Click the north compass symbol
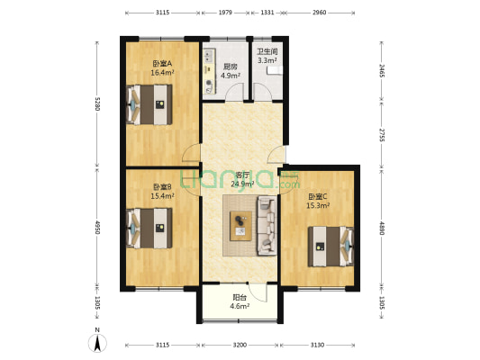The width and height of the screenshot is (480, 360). point(97,343)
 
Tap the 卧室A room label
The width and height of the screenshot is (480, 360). point(162,64)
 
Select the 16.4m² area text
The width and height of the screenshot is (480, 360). point(162,73)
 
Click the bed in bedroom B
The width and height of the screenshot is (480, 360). point(149,229)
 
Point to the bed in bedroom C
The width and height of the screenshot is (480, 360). point(331,247)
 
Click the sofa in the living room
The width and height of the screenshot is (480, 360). point(267,225)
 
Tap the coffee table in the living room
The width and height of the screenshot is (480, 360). point(241,226)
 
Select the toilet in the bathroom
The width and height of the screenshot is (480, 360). point(275,71)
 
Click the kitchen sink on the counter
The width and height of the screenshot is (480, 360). point(209,56)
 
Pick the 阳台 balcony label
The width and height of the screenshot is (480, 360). point(240,297)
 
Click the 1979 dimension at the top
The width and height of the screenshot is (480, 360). point(226,13)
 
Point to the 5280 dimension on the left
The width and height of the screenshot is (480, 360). point(97,104)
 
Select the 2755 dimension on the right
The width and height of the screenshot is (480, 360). point(382,135)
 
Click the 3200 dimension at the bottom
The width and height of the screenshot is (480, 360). point(240,345)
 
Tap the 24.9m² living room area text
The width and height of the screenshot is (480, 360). point(242,184)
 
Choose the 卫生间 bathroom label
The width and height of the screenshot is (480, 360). point(267,51)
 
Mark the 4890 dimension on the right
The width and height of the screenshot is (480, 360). point(382,229)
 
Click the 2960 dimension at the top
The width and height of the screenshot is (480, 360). point(320,13)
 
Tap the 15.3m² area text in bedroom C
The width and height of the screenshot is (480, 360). point(318,206)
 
